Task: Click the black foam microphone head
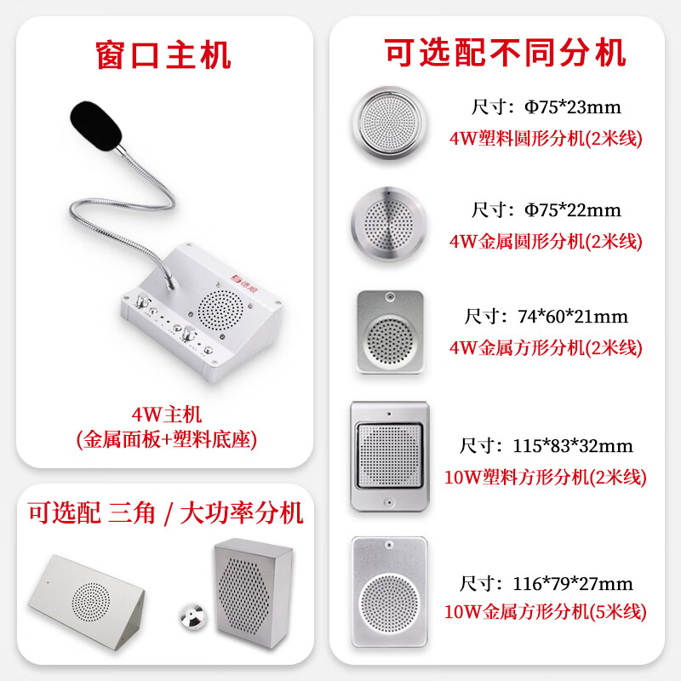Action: (x=95, y=125)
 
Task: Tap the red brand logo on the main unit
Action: (x=243, y=279)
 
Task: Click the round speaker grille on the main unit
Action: (x=220, y=310)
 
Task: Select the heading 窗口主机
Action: (x=163, y=55)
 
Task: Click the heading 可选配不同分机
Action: (x=505, y=53)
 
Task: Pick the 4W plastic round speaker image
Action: (x=389, y=123)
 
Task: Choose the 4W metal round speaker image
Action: (x=389, y=225)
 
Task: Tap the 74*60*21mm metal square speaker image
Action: (x=390, y=332)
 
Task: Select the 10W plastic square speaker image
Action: (x=390, y=456)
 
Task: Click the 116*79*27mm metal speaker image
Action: (x=390, y=592)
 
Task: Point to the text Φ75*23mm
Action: (x=573, y=107)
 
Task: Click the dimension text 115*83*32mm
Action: (x=573, y=446)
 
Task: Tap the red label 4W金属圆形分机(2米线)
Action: (x=546, y=242)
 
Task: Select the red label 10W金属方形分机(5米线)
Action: (x=546, y=611)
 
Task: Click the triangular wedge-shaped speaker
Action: (x=86, y=602)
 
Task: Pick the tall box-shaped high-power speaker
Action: (x=253, y=593)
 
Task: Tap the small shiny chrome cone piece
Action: (x=193, y=616)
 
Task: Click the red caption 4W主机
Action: (x=167, y=415)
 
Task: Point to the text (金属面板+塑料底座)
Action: (x=167, y=439)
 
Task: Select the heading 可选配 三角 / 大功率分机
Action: (x=165, y=513)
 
